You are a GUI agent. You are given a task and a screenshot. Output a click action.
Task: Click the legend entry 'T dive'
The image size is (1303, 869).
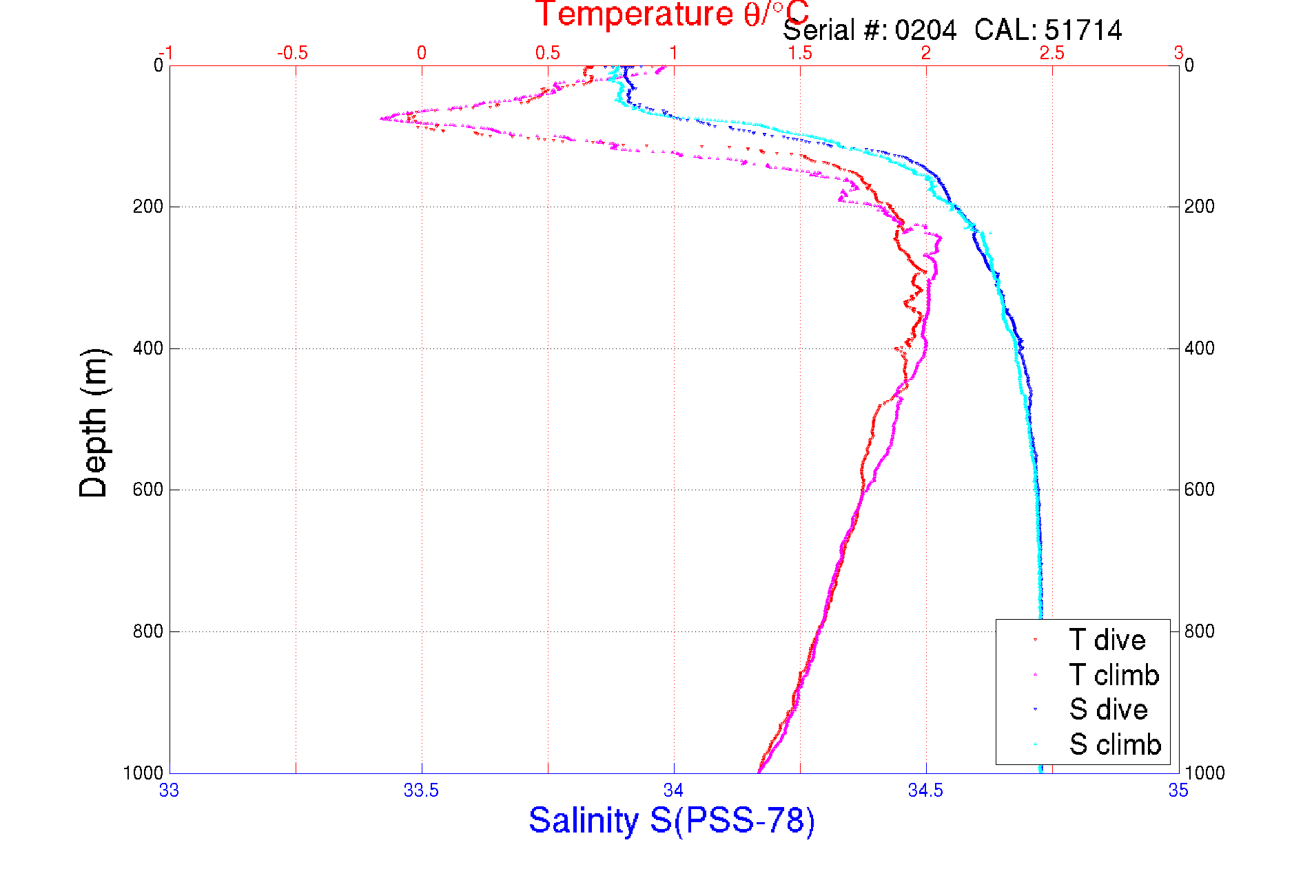click(x=1107, y=640)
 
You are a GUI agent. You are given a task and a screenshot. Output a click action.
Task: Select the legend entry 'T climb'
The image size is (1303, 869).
click(x=1114, y=675)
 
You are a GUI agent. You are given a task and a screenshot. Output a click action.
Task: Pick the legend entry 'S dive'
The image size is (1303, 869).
click(x=1108, y=710)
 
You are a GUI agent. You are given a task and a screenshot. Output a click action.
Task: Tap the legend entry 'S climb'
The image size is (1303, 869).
click(x=1114, y=744)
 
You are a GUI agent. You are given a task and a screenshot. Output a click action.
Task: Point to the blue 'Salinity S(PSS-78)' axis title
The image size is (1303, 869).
click(x=672, y=821)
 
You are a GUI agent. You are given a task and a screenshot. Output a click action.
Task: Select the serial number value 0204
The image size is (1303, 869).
click(x=925, y=31)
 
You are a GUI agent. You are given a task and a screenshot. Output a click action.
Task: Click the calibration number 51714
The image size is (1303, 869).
click(x=1083, y=31)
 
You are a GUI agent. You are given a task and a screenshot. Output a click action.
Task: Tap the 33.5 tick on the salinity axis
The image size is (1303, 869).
click(x=421, y=791)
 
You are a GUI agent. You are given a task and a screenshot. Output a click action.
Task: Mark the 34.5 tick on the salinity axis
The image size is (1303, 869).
click(x=925, y=791)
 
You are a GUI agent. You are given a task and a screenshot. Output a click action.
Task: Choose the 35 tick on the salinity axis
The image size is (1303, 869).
click(x=1178, y=791)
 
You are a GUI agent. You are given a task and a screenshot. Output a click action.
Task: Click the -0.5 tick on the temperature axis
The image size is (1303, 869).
click(x=292, y=53)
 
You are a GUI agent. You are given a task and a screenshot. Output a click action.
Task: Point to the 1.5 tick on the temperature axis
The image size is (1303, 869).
click(x=800, y=53)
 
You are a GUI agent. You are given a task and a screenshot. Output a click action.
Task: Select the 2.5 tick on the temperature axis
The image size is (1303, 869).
click(x=1052, y=53)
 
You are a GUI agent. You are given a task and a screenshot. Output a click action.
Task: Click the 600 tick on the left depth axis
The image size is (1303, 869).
click(x=147, y=490)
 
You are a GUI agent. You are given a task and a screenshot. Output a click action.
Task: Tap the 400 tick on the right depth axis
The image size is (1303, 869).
click(x=1199, y=348)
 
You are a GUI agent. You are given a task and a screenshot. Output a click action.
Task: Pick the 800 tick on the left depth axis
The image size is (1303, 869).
click(x=147, y=631)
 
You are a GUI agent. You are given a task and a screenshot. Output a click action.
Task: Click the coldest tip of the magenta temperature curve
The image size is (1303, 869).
click(x=381, y=118)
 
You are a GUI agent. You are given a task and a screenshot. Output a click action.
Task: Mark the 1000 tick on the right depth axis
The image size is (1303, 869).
click(x=1204, y=773)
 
